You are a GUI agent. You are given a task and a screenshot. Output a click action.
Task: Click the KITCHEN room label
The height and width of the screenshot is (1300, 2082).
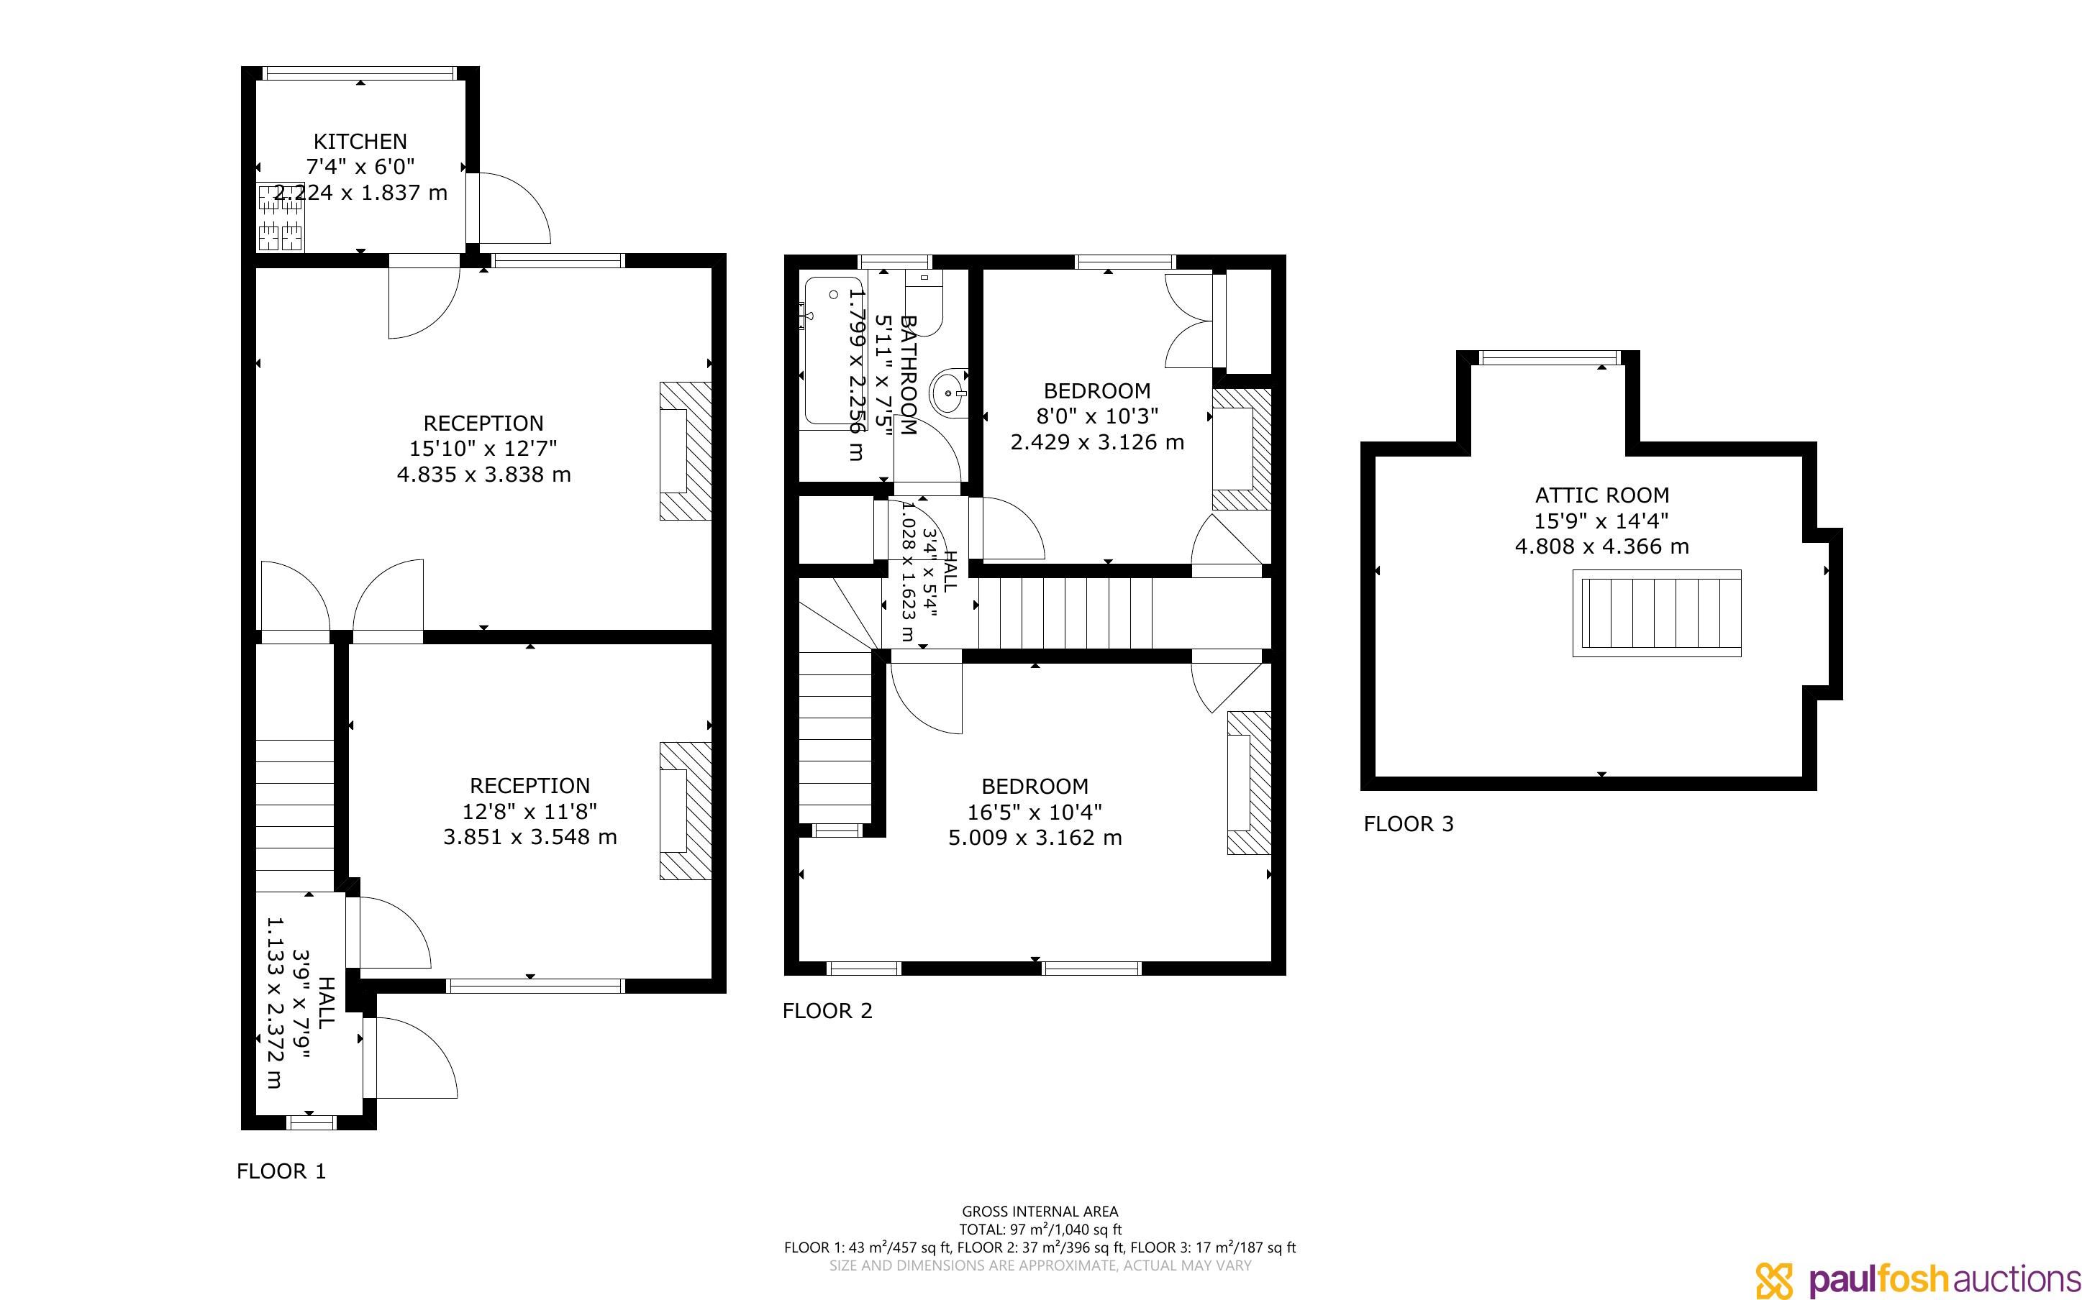360,141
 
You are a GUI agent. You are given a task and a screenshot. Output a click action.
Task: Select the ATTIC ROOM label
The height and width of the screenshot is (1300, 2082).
1601,495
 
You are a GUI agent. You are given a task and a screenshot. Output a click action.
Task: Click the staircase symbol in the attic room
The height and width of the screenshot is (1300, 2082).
1656,613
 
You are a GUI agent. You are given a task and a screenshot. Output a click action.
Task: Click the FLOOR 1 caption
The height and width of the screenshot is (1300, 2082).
281,1171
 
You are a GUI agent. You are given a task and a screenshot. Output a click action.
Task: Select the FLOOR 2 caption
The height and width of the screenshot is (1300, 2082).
827,1010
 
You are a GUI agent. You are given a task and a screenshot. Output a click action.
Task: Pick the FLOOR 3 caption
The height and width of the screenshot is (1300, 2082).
1409,824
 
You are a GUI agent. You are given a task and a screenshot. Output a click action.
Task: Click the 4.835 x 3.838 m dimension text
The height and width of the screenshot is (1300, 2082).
483,475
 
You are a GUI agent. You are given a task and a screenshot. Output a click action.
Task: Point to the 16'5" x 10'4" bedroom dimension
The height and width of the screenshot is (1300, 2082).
1035,812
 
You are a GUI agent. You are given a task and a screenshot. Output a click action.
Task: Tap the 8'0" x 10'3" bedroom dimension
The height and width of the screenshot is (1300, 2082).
1097,416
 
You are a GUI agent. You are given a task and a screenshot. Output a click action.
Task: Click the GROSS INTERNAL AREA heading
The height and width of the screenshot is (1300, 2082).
1040,1212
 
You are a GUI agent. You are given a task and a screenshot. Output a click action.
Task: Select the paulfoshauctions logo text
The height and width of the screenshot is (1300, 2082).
1945,1278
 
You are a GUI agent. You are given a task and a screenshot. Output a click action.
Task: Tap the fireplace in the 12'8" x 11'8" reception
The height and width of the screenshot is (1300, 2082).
686,811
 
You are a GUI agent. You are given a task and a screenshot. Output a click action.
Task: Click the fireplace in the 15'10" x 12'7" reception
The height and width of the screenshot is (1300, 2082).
686,451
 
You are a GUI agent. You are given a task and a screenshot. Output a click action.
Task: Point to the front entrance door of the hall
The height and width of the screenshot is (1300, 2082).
410,1058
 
